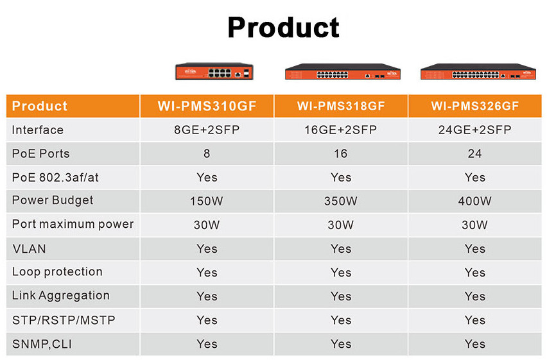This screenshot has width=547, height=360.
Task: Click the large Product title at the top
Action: tap(283, 28)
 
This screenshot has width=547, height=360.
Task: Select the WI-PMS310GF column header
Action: tap(207, 106)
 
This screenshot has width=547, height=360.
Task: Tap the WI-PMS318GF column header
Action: tap(341, 106)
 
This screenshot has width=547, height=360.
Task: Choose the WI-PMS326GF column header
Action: tap(475, 106)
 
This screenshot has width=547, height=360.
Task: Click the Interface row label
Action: tap(38, 130)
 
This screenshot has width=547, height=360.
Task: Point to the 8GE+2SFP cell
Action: tap(207, 130)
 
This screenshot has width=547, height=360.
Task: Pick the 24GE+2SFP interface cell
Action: tap(475, 130)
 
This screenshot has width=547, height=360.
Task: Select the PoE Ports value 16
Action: tap(341, 153)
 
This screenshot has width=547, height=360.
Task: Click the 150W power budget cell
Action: tap(207, 201)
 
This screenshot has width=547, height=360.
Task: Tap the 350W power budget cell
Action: tap(341, 201)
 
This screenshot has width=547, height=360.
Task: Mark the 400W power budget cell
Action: tap(475, 201)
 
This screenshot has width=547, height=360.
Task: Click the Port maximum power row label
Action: tap(73, 225)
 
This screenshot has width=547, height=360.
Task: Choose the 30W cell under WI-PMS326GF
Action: tap(475, 225)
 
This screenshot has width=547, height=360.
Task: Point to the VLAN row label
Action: tap(30, 249)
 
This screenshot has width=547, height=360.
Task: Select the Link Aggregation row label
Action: tap(61, 296)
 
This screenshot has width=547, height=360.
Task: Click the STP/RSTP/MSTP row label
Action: tap(64, 320)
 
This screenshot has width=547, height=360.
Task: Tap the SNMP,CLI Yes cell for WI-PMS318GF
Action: tap(341, 344)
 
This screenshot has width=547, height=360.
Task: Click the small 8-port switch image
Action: tap(214, 71)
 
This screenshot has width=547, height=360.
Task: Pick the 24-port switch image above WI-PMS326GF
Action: tap(478, 71)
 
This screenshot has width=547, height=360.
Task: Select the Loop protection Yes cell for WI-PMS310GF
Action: tap(207, 273)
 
